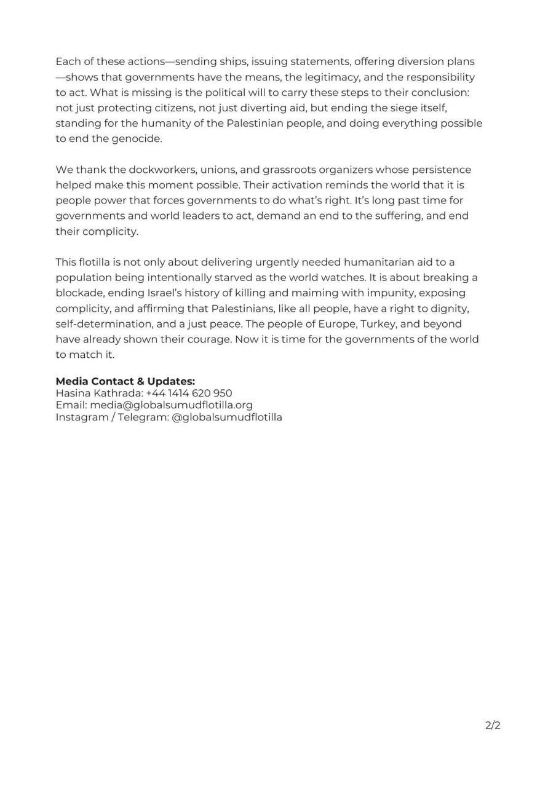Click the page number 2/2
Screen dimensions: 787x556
[493, 726]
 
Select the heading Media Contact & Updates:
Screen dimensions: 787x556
[125, 381]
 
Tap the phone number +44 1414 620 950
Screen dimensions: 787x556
[189, 393]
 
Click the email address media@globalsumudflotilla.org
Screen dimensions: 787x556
[171, 405]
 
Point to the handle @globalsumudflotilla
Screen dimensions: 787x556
[227, 417]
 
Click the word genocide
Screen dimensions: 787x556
[137, 138]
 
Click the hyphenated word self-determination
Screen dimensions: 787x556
[109, 323]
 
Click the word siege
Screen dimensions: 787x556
[404, 108]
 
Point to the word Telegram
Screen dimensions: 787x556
[142, 417]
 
